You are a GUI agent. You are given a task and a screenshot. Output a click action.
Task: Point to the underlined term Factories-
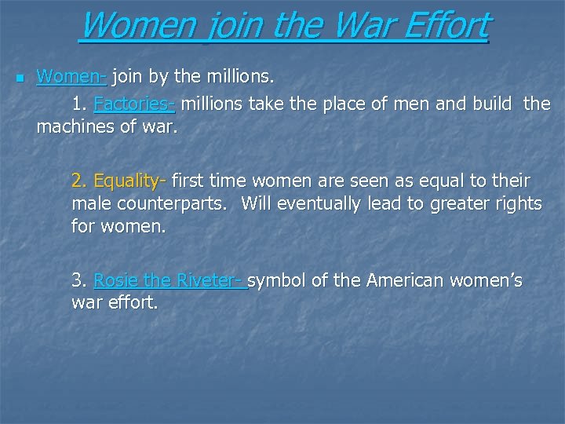(x=134, y=104)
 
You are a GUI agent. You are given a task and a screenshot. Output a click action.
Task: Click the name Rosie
(x=115, y=280)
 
